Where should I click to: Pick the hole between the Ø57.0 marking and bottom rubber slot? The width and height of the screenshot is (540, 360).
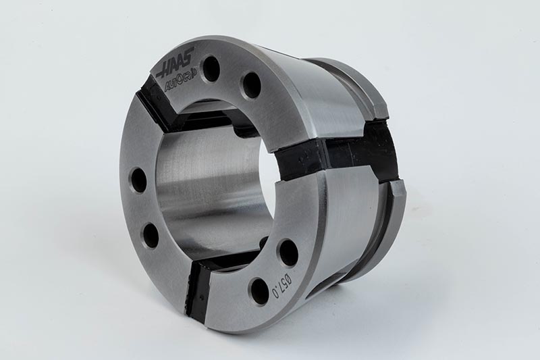pyautogui.click(x=259, y=290)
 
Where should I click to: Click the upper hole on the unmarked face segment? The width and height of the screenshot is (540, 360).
pyautogui.click(x=138, y=180)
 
